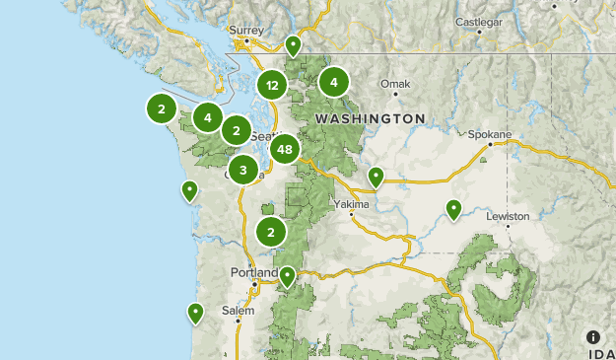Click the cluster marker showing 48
[x=285, y=150]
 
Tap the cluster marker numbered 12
[x=273, y=85]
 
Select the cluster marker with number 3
[x=242, y=170]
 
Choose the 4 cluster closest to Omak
[x=334, y=83]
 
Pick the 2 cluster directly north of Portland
[x=271, y=233]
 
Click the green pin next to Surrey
[x=293, y=45]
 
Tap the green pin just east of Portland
[x=288, y=276]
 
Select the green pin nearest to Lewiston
[x=453, y=208]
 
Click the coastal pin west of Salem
[x=196, y=313]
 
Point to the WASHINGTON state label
[x=370, y=118]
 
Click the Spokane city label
[x=490, y=134]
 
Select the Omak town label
[x=394, y=84]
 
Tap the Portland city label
[x=248, y=271]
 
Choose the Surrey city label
[x=246, y=30]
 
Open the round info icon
[x=594, y=337]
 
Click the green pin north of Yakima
[x=376, y=177]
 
